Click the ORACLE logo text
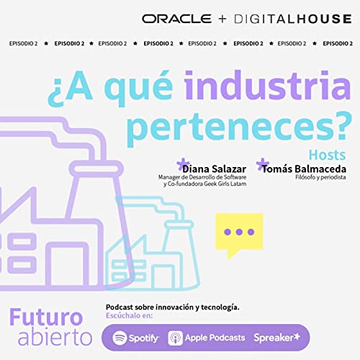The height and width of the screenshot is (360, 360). (x=177, y=18)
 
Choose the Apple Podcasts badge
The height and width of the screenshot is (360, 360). (x=207, y=337)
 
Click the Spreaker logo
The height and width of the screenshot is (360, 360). (x=277, y=337)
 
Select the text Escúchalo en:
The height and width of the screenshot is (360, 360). (x=130, y=316)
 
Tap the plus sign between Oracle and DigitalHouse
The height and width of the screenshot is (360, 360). (x=222, y=18)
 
